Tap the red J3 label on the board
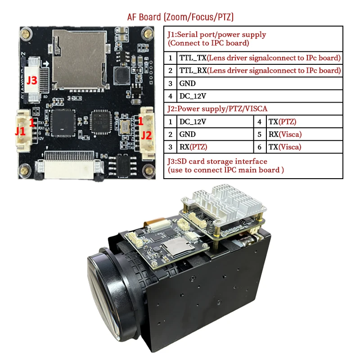pyautogui.click(x=31, y=81)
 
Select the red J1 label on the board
pyautogui.click(x=20, y=131)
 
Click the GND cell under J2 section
pyautogui.click(x=187, y=134)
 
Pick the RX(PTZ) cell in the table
pyautogui.click(x=193, y=147)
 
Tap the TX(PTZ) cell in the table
pyautogui.click(x=283, y=121)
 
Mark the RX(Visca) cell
pyautogui.click(x=285, y=134)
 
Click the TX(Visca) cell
pyautogui.click(x=285, y=147)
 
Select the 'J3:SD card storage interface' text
pyautogui.click(x=217, y=161)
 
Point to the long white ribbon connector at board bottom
pyautogui.click(x=69, y=166)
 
